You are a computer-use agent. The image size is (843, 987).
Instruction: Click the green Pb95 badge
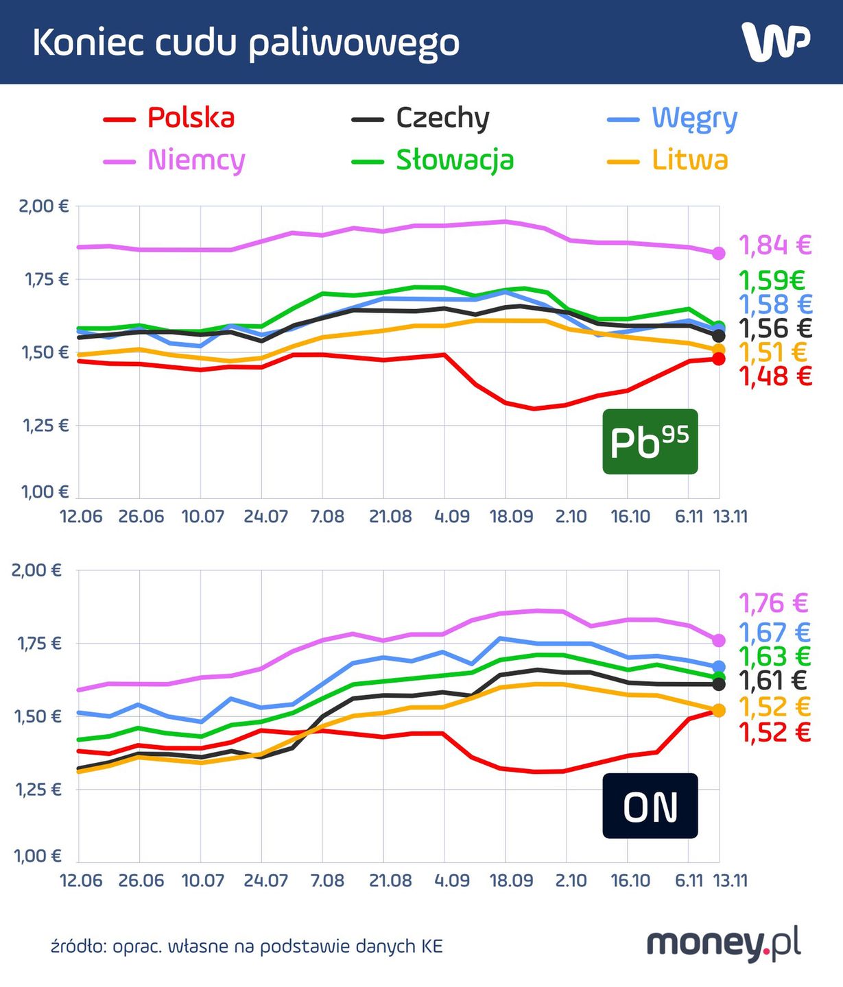click(x=650, y=442)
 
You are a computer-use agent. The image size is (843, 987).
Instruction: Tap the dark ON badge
click(x=650, y=806)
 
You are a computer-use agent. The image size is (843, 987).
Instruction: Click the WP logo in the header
click(x=776, y=42)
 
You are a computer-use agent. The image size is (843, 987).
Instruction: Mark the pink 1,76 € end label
click(x=774, y=603)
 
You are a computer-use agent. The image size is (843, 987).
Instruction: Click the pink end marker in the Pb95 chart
click(x=718, y=254)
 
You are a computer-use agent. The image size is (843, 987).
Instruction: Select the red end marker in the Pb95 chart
click(x=718, y=359)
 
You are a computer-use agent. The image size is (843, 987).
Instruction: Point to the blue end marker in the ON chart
click(x=718, y=667)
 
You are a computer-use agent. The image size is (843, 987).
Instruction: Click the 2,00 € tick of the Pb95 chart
click(x=44, y=206)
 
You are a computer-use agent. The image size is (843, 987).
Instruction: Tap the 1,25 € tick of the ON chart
click(x=38, y=790)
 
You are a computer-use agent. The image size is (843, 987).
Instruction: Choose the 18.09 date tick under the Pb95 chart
click(x=511, y=517)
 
